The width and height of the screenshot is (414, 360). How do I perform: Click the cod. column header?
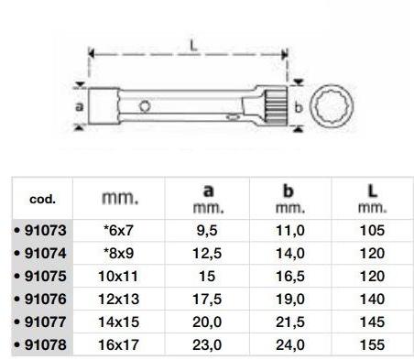click(42, 198)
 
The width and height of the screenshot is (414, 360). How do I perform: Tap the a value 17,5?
click(208, 299)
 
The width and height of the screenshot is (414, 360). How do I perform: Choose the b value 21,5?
click(289, 322)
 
